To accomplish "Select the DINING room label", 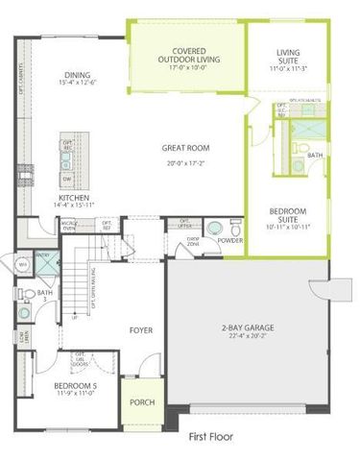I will click(x=78, y=75).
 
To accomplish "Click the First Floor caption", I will click(x=211, y=435).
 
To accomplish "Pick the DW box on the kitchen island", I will click(x=67, y=179).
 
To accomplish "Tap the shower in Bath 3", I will click(x=43, y=262).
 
